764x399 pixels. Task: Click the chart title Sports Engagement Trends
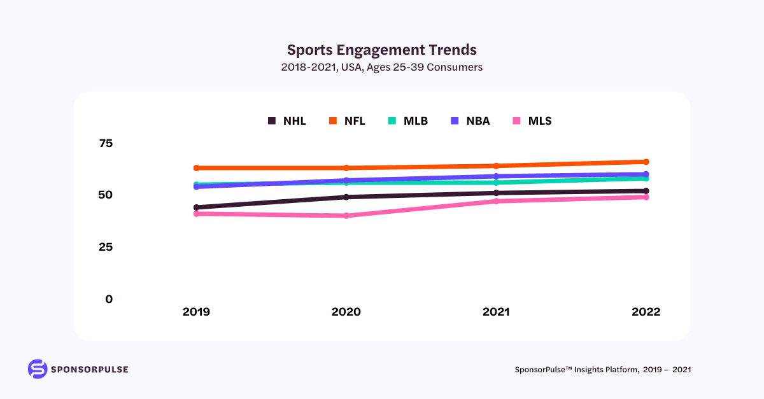coord(381,50)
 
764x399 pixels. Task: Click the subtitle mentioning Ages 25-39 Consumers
coord(381,67)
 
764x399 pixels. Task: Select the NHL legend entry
coord(287,121)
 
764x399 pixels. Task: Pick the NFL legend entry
coord(347,121)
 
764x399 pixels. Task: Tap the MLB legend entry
coord(408,121)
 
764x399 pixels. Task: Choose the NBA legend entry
coord(470,121)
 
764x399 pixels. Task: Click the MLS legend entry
coord(532,121)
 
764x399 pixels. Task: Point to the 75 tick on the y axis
coord(106,143)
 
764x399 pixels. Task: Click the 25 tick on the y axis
coord(106,247)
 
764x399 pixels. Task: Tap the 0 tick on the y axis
coord(109,299)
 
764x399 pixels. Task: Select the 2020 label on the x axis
coord(346,312)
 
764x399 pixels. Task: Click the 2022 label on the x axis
coord(646,312)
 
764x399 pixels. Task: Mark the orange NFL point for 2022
coord(646,162)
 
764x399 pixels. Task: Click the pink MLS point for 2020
coord(346,216)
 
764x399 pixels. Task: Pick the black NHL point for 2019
coord(197,207)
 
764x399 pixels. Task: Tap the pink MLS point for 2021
coord(496,201)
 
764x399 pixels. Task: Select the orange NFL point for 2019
coord(197,168)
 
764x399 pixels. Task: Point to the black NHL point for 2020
coord(346,197)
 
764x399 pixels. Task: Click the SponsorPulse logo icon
coord(38,369)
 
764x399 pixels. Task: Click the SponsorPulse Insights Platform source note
coord(602,370)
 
